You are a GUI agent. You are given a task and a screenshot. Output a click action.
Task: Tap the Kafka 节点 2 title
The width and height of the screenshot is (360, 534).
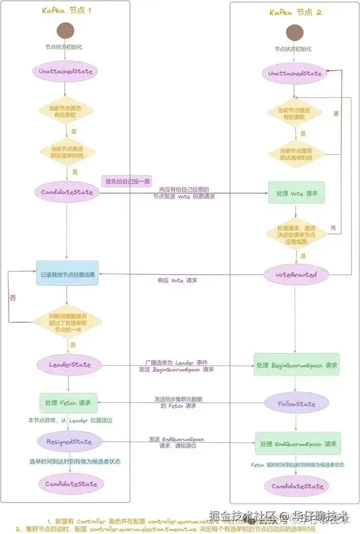[295, 12]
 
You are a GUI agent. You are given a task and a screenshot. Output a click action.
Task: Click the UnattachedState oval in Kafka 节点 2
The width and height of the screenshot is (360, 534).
[295, 73]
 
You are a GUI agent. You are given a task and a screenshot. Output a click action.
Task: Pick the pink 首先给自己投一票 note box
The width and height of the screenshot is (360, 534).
[127, 181]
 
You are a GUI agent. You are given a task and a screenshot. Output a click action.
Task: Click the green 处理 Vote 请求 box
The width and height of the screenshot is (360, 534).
[296, 193]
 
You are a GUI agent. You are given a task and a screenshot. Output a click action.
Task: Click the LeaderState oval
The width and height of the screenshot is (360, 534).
[69, 365]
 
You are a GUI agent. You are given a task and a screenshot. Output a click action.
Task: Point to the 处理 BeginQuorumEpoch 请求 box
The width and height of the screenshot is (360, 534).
[296, 365]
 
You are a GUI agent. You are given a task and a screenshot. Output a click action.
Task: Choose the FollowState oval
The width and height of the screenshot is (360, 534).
[297, 404]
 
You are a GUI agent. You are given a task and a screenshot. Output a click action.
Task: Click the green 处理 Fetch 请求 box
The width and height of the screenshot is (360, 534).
[68, 402]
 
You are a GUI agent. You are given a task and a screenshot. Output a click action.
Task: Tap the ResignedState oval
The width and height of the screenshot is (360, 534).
[69, 442]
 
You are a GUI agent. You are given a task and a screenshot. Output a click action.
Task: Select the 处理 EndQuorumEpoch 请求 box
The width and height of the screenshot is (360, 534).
[297, 444]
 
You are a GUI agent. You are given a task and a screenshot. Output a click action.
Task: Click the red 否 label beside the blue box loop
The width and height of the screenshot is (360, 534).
[13, 298]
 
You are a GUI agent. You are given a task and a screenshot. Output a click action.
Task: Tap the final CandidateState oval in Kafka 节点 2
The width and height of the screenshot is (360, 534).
[297, 486]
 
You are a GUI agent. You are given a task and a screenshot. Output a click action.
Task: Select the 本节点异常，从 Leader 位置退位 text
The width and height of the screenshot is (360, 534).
[70, 421]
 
